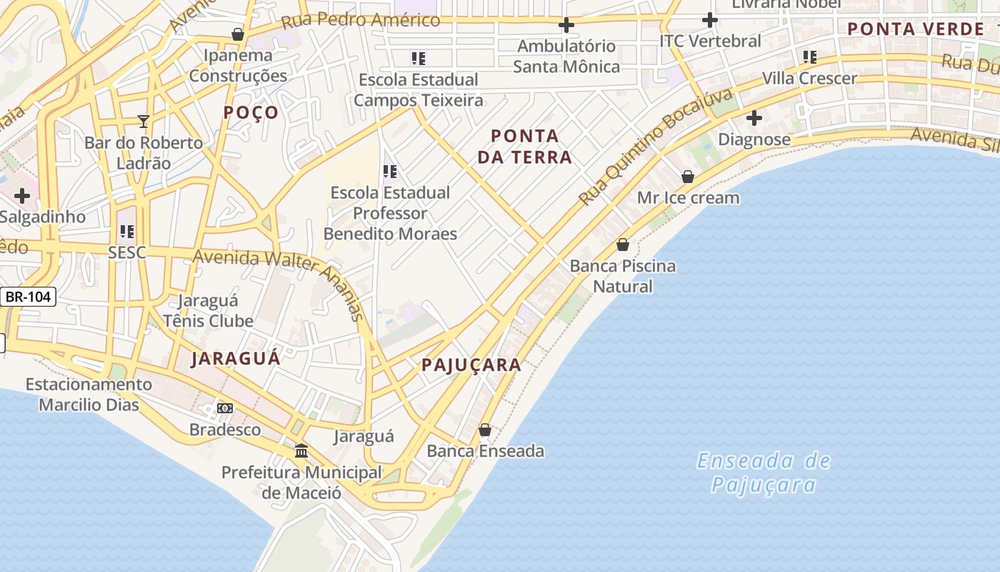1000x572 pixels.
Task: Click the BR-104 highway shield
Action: (29, 297)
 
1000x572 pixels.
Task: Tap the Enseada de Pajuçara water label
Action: (764, 473)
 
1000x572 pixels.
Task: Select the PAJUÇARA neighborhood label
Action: (471, 365)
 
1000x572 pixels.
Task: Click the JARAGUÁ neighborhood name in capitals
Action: (236, 359)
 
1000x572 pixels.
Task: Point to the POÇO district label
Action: (251, 112)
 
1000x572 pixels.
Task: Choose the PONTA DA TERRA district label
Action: (525, 146)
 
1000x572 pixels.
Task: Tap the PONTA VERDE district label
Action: (916, 29)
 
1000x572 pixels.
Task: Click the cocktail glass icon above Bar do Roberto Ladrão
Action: (144, 121)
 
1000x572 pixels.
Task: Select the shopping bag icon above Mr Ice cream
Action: (688, 176)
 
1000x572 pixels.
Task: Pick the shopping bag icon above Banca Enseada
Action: (485, 430)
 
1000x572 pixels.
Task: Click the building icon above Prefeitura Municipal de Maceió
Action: (301, 451)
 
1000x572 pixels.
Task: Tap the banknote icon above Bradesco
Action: (225, 408)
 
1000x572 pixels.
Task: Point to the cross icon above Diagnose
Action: (754, 118)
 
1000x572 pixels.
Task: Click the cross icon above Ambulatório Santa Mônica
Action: (566, 25)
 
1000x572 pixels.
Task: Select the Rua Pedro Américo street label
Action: (361, 20)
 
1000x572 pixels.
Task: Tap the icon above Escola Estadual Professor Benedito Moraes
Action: (390, 171)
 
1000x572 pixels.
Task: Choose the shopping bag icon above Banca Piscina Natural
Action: (623, 245)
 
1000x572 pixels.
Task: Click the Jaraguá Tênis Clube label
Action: (208, 310)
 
